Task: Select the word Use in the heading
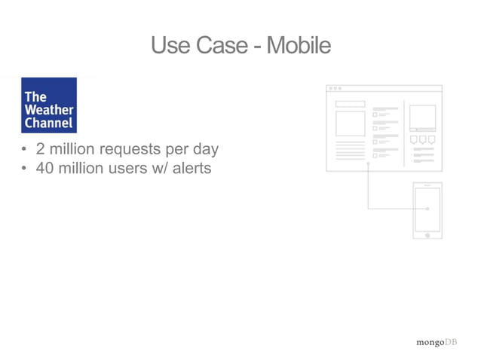point(170,46)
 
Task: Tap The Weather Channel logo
point(49,105)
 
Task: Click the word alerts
point(191,168)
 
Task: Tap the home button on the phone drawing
point(427,235)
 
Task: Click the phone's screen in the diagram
point(427,209)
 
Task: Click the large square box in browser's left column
point(350,124)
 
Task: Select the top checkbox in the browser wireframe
point(375,114)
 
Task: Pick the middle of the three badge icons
point(423,139)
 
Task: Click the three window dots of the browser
point(335,89)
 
